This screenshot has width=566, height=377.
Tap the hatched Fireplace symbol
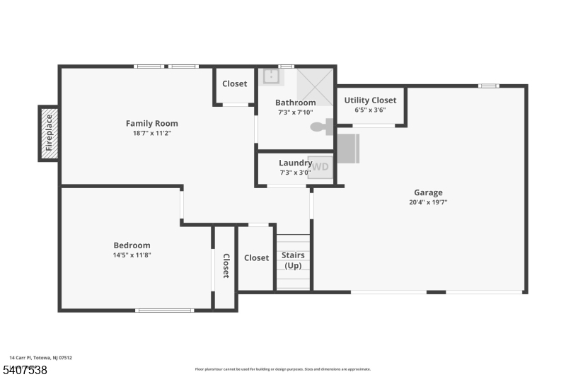click(x=48, y=134)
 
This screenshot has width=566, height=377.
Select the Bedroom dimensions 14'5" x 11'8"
click(x=133, y=255)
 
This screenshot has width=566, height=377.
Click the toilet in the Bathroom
click(x=323, y=127)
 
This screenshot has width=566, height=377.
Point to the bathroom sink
click(x=270, y=76)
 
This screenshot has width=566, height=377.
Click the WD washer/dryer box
click(x=320, y=167)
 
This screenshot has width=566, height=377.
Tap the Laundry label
click(x=295, y=163)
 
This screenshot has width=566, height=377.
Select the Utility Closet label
click(x=370, y=100)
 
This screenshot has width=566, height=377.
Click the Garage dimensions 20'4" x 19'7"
click(x=428, y=202)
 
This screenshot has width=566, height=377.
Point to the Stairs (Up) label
click(x=293, y=260)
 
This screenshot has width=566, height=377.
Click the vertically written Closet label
click(x=226, y=266)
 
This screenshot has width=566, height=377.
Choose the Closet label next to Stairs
click(x=256, y=258)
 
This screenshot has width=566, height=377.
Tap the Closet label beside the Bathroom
click(x=234, y=83)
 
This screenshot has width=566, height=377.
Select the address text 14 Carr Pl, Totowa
click(x=40, y=358)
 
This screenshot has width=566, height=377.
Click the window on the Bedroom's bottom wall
click(x=164, y=310)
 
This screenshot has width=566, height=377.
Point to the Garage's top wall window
click(x=488, y=86)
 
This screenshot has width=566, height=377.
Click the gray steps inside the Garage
click(x=348, y=148)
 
